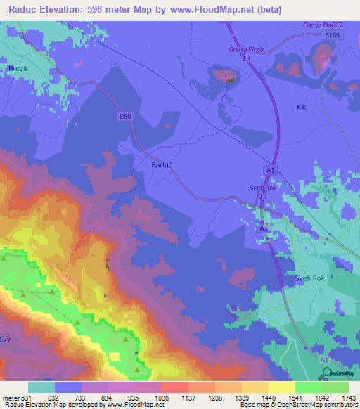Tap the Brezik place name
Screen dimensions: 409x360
click(x=16, y=68)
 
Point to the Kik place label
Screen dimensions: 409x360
click(x=302, y=107)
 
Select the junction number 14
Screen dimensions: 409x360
click(x=263, y=197)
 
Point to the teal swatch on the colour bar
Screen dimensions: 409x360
click(x=41, y=387)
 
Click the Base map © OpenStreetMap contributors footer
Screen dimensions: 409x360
click(x=298, y=405)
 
